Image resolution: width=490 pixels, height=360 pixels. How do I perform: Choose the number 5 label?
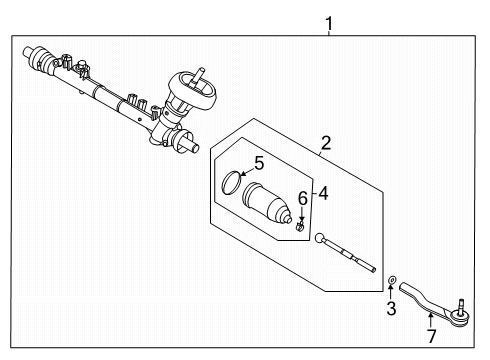257,163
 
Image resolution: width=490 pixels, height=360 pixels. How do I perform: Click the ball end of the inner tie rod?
323,239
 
